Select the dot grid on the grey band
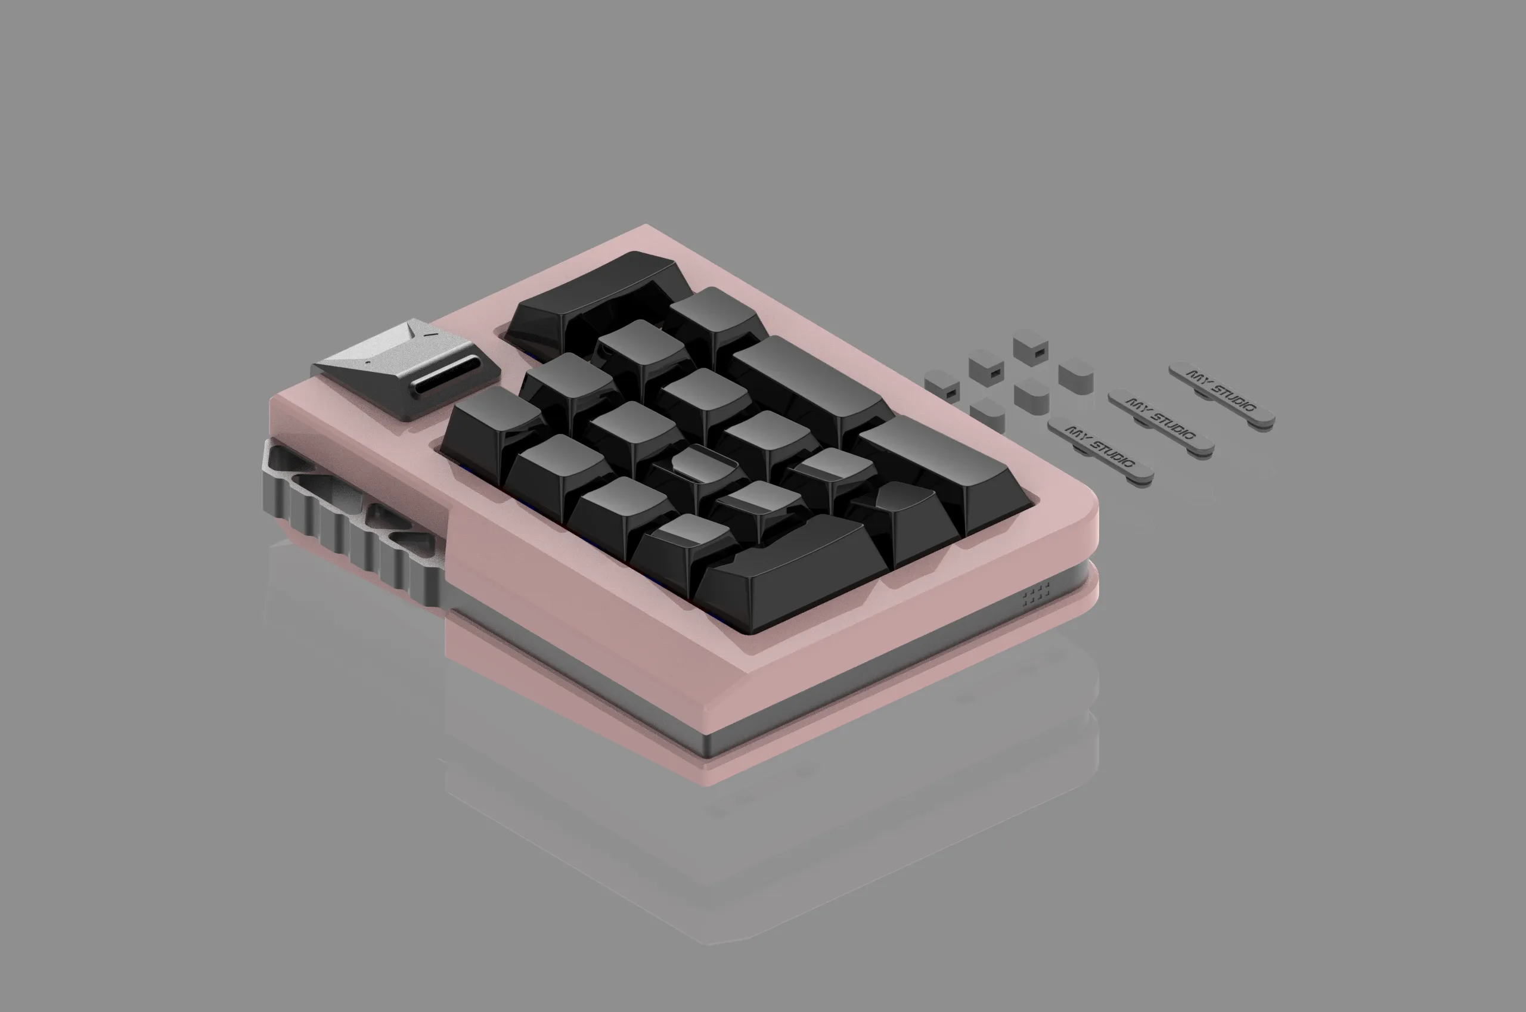pos(1035,593)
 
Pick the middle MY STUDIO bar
pos(1161,420)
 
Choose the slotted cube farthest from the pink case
pos(1030,347)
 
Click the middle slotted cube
pos(987,366)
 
